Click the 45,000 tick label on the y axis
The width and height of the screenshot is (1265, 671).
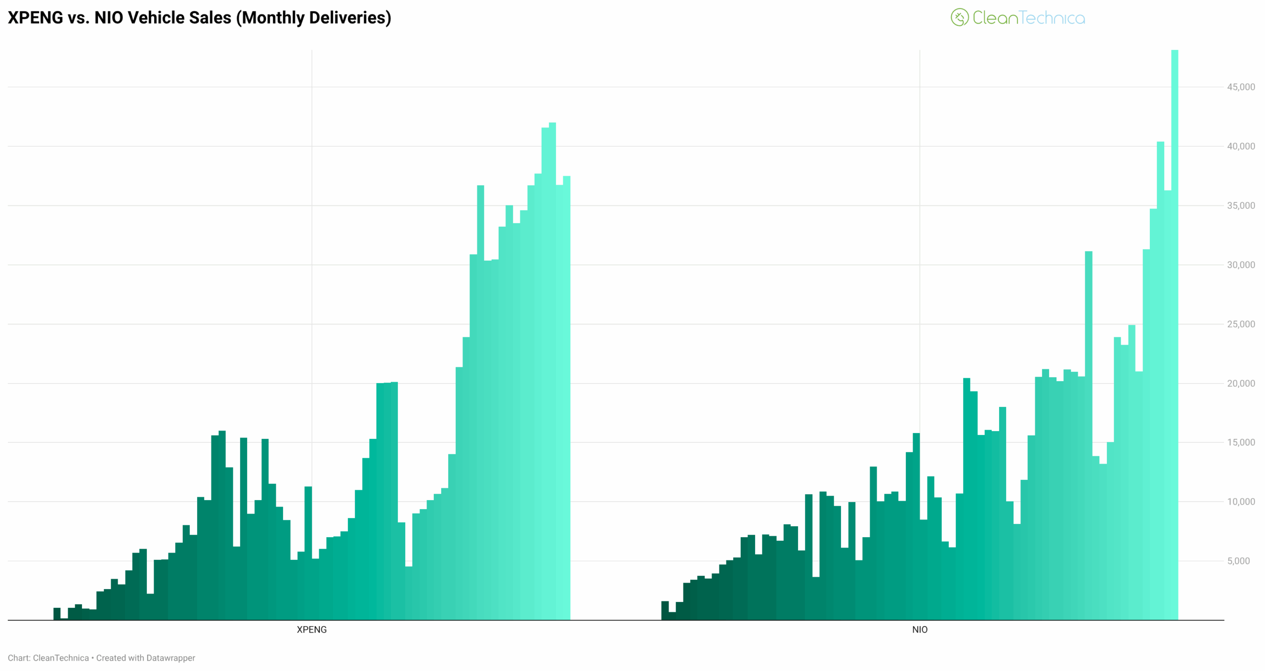click(x=1240, y=87)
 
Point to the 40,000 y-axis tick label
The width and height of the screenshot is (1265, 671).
click(x=1240, y=146)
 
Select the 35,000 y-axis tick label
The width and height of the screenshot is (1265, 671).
click(x=1240, y=205)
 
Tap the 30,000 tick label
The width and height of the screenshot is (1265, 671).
click(x=1240, y=265)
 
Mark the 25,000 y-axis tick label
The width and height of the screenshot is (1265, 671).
click(x=1240, y=324)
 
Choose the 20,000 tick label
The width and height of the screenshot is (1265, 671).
click(x=1240, y=383)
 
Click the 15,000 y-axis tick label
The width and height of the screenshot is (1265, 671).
click(x=1240, y=442)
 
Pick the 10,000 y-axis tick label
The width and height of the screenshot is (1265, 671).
click(x=1240, y=502)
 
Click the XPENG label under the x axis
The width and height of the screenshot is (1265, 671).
click(x=311, y=630)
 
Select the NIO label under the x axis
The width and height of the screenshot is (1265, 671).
click(x=920, y=630)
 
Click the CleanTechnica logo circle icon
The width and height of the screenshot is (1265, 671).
click(x=959, y=18)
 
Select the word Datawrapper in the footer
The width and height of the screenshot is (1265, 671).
click(x=170, y=658)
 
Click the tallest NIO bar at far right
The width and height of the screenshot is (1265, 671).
click(x=1175, y=336)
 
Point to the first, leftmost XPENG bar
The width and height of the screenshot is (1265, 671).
click(x=57, y=614)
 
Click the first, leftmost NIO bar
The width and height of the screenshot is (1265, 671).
click(x=665, y=611)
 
